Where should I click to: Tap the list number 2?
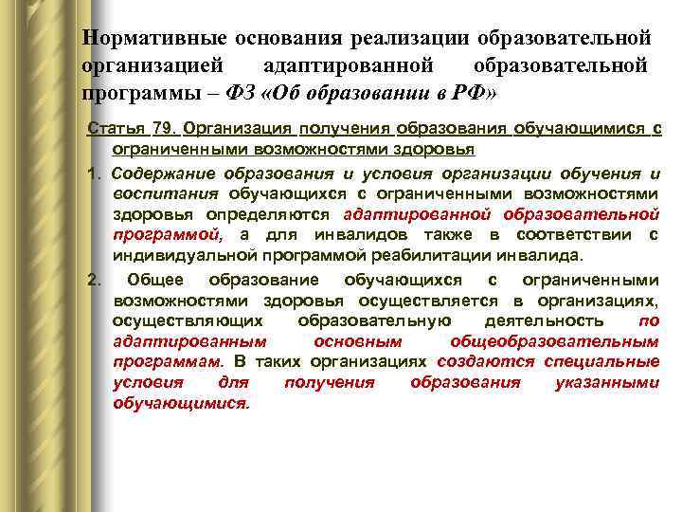(x=91, y=280)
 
